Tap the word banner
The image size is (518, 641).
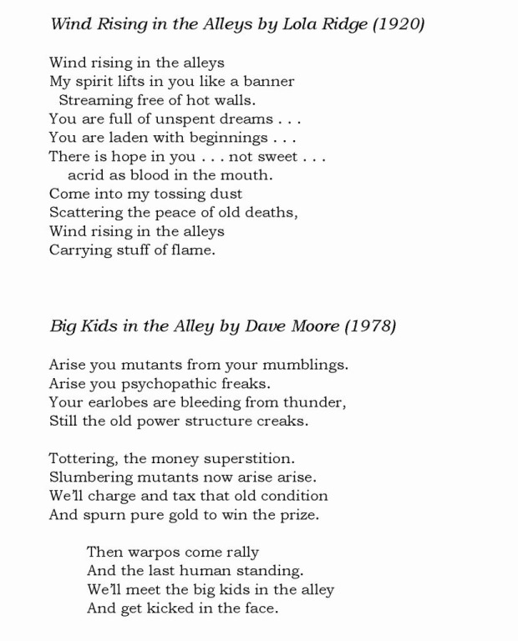[x=268, y=82]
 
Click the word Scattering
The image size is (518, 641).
[x=84, y=213]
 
